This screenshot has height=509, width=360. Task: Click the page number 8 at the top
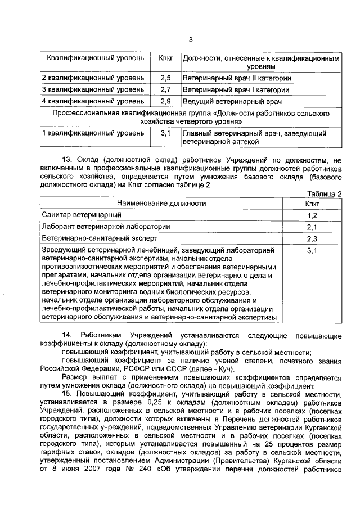pyautogui.click(x=190, y=39)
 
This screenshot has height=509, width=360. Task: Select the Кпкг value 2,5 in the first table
pyautogui.click(x=165, y=78)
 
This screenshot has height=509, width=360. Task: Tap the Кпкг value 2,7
pyautogui.click(x=165, y=89)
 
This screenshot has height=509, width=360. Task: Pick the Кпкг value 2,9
pyautogui.click(x=165, y=101)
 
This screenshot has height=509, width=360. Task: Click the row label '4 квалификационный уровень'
pyautogui.click(x=93, y=101)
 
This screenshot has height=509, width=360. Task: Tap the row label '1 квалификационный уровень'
pyautogui.click(x=93, y=133)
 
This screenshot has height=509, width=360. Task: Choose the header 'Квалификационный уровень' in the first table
pyautogui.click(x=94, y=58)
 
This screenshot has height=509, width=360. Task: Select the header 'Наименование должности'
pyautogui.click(x=161, y=203)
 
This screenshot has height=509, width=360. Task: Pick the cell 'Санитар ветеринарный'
pyautogui.click(x=82, y=215)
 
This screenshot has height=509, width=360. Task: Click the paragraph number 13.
pyautogui.click(x=66, y=160)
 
